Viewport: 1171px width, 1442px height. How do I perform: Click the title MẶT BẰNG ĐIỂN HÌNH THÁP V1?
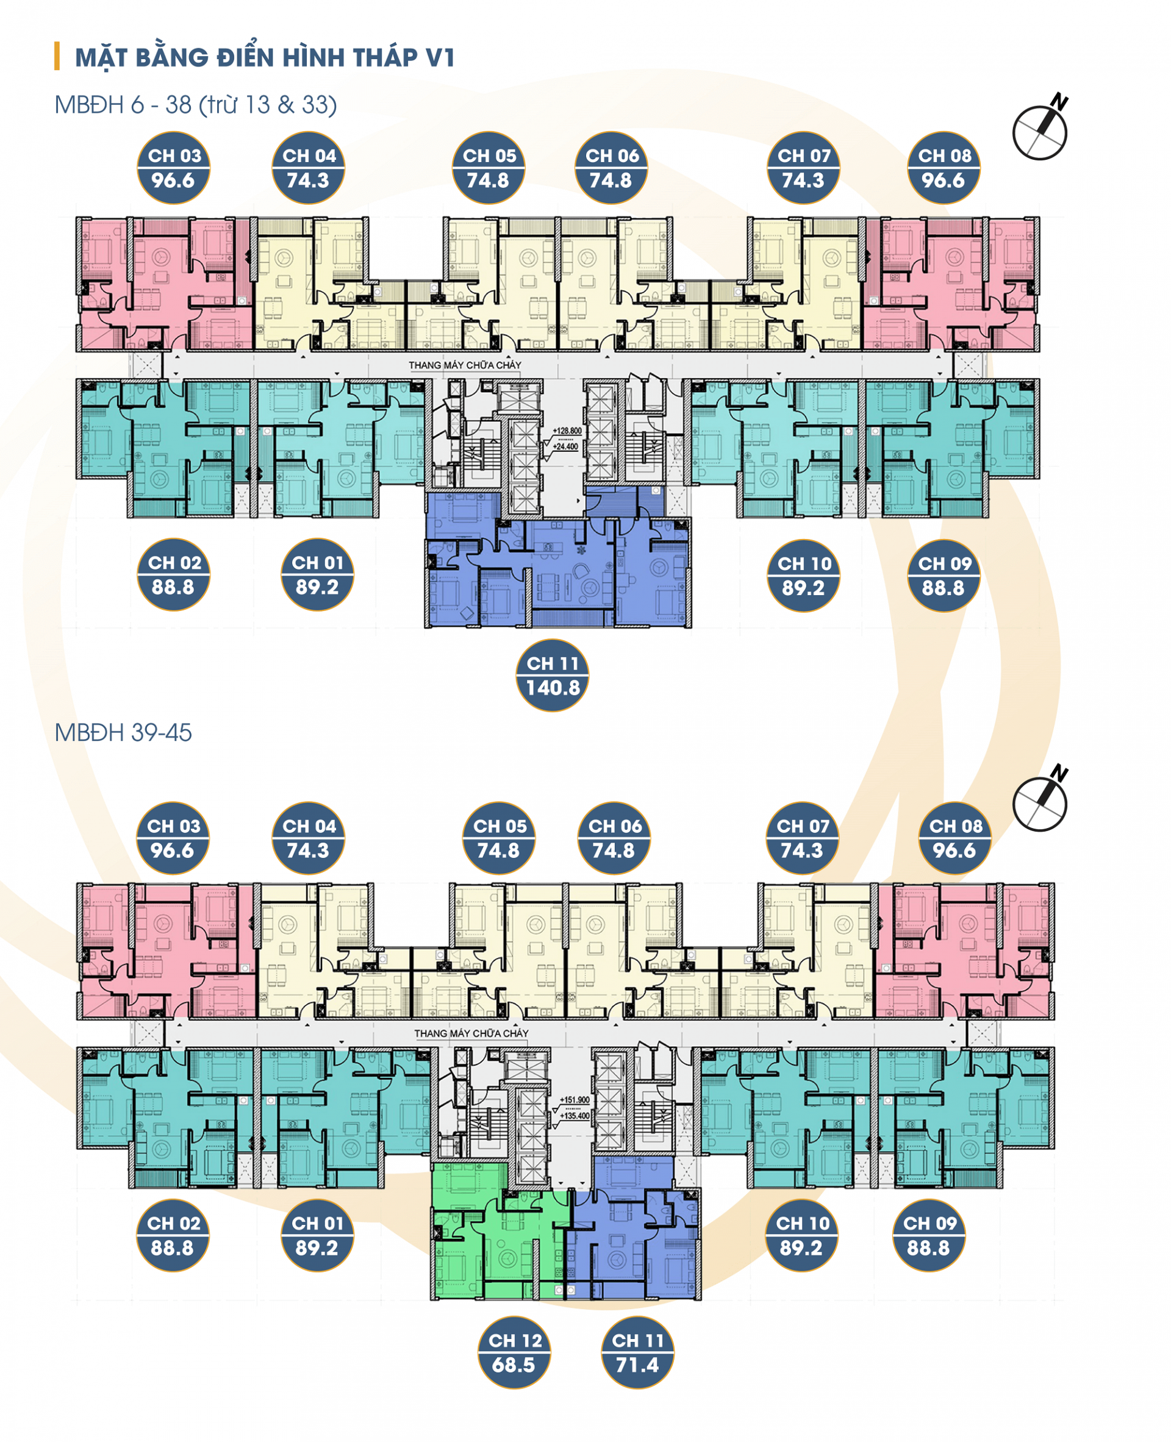tap(265, 57)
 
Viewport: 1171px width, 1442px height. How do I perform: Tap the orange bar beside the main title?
tap(57, 56)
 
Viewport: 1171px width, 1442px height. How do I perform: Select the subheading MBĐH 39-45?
tap(123, 732)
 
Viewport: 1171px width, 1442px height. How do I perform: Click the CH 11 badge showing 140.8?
tap(553, 675)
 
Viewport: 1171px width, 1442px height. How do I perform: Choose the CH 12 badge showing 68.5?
tap(515, 1352)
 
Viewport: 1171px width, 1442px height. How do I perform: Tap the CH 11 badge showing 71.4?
tap(637, 1352)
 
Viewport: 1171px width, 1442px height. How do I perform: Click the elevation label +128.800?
tap(567, 431)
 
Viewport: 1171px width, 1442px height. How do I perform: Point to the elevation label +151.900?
tap(575, 1100)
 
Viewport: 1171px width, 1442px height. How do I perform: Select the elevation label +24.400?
tap(565, 446)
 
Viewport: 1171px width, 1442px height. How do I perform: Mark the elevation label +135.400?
tap(575, 1116)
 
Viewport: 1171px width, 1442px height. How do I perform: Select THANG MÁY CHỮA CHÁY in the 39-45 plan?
tap(471, 1033)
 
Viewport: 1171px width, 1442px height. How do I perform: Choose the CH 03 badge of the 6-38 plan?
tap(173, 167)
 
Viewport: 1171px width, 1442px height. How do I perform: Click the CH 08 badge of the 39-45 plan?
tap(955, 838)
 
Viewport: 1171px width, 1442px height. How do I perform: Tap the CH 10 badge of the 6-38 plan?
tap(803, 576)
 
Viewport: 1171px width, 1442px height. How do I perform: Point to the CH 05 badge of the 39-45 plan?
tap(499, 838)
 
